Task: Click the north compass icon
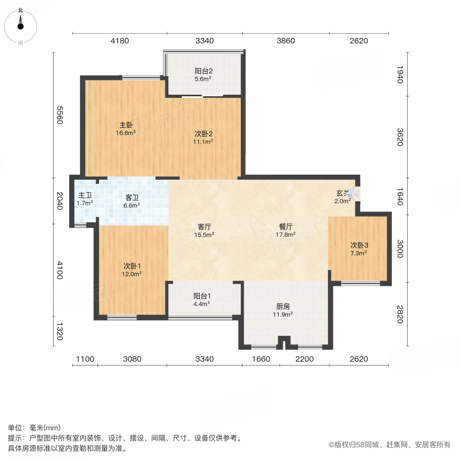(20, 25)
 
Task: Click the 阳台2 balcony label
(203, 71)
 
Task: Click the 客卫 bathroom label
(132, 197)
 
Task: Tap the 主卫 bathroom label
(85, 195)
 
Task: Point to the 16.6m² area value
(125, 133)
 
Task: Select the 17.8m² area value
(286, 235)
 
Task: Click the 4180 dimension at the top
(119, 41)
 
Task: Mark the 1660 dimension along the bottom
(261, 359)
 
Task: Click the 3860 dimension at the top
(285, 41)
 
